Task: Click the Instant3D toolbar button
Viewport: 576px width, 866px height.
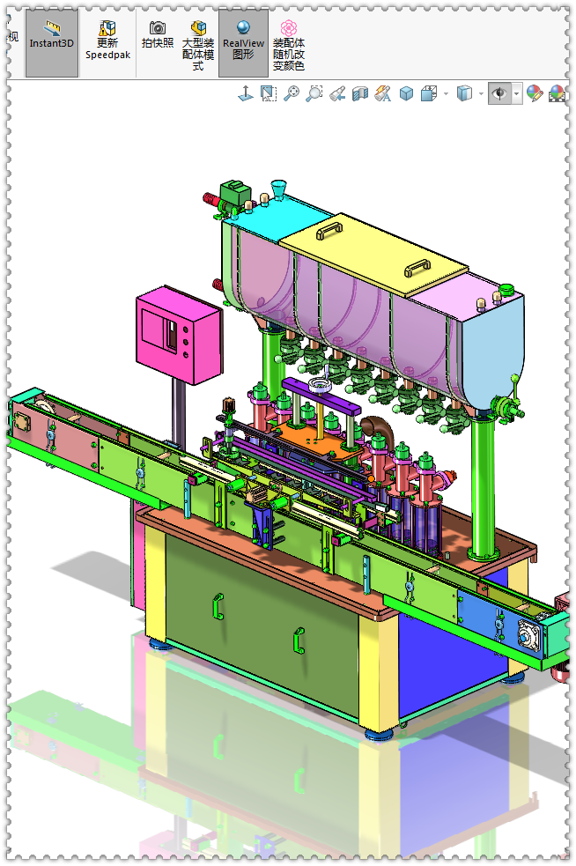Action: (51, 42)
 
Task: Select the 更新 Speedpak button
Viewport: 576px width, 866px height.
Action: (107, 41)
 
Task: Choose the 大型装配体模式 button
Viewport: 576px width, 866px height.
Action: (198, 45)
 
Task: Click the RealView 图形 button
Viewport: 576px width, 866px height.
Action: (244, 42)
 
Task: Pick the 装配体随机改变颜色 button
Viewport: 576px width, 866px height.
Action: (289, 45)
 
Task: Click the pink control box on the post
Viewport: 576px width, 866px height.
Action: (180, 334)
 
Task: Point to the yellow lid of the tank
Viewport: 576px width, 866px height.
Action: (373, 254)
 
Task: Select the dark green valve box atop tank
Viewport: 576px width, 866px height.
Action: (236, 192)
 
